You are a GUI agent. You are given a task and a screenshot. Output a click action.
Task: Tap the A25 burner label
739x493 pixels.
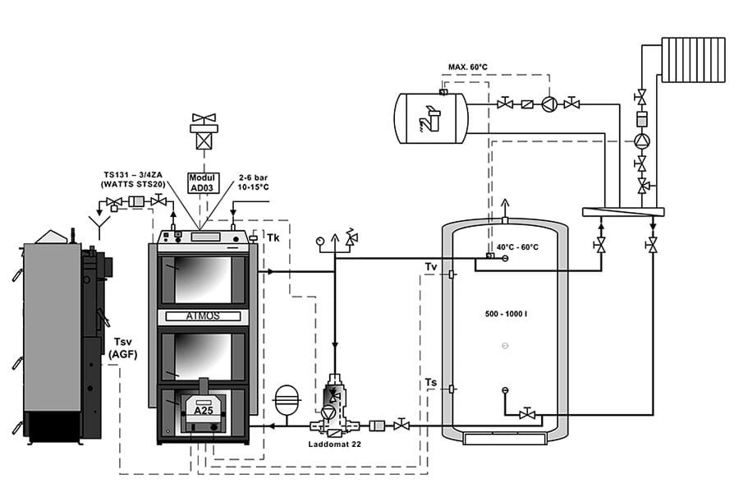tap(203, 411)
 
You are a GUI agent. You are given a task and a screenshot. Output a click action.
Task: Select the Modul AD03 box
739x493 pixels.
tap(201, 183)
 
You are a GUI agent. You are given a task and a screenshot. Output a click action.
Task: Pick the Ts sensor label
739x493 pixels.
tap(431, 383)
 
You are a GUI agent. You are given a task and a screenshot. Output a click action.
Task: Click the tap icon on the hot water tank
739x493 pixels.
tap(429, 120)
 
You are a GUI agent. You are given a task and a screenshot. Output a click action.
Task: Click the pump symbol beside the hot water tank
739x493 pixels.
tap(549, 104)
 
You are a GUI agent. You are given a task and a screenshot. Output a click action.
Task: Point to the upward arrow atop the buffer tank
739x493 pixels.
tap(506, 206)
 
